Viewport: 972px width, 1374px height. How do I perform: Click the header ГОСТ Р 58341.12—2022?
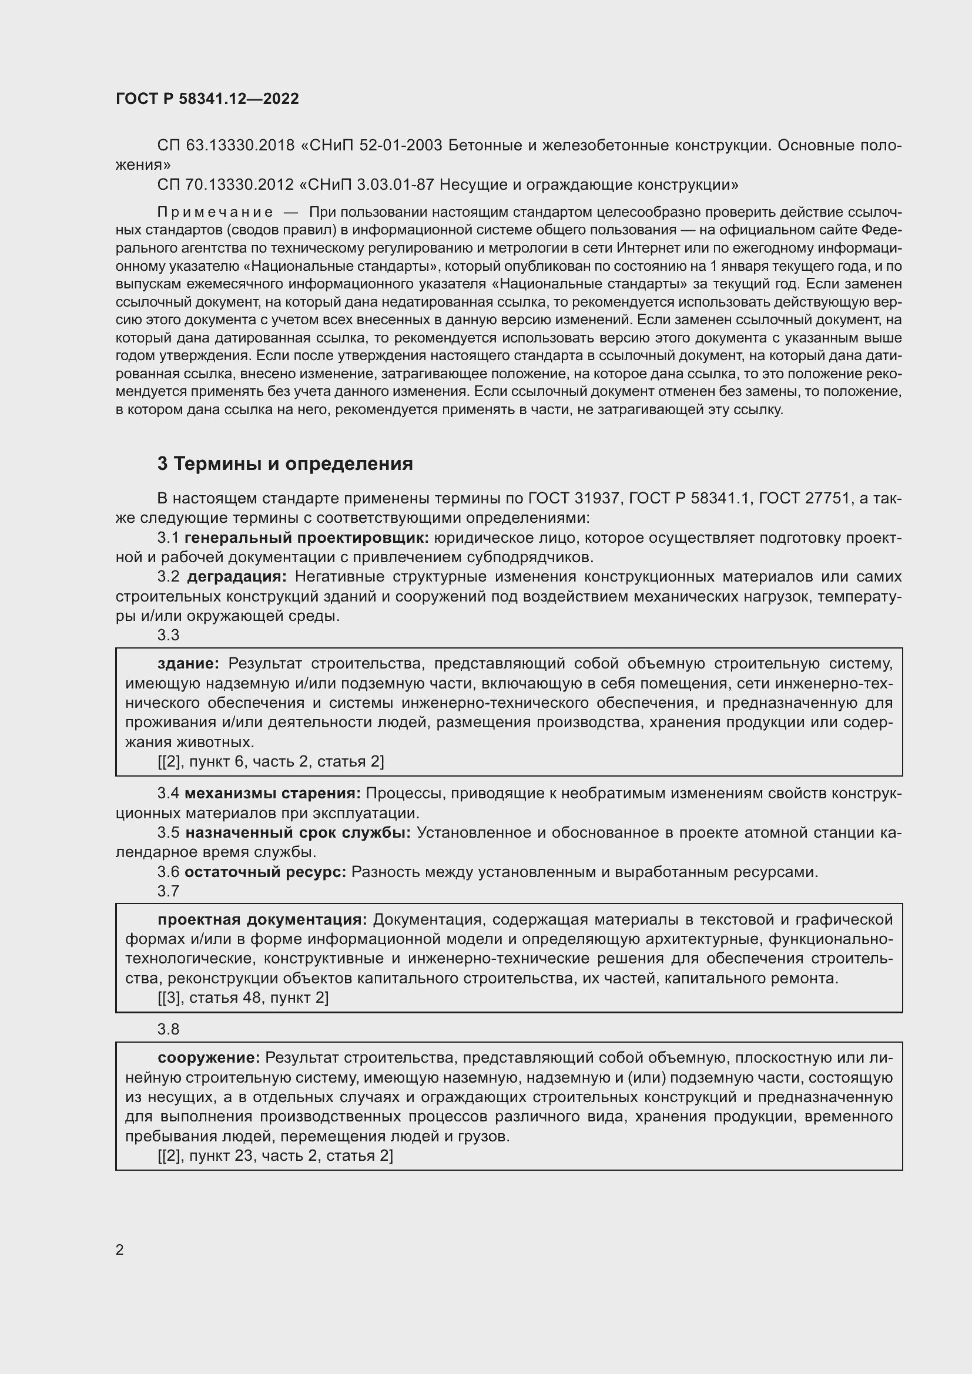[x=207, y=99]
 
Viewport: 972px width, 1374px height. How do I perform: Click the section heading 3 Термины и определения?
[x=285, y=464]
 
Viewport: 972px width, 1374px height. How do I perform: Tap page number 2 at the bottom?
[x=120, y=1249]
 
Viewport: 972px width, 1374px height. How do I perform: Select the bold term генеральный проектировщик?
[x=307, y=538]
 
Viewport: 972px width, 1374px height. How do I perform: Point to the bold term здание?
[x=189, y=663]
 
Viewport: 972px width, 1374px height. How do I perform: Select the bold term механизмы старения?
[x=272, y=794]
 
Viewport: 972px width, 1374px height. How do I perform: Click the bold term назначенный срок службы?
[x=297, y=832]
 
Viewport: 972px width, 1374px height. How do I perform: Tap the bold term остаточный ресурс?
[x=265, y=872]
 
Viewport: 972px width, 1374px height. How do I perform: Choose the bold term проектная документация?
[x=263, y=920]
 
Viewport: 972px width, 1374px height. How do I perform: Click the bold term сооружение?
[x=209, y=1058]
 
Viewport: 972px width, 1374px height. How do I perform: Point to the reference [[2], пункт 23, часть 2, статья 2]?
[x=275, y=1155]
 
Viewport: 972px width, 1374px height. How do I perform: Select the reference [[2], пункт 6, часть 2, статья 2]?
[x=270, y=762]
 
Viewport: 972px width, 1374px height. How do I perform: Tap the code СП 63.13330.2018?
[x=226, y=146]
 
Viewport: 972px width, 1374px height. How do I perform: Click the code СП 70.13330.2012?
[x=226, y=185]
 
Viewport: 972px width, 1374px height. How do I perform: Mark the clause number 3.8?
[x=168, y=1029]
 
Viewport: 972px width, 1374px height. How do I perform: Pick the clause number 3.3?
[x=168, y=635]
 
